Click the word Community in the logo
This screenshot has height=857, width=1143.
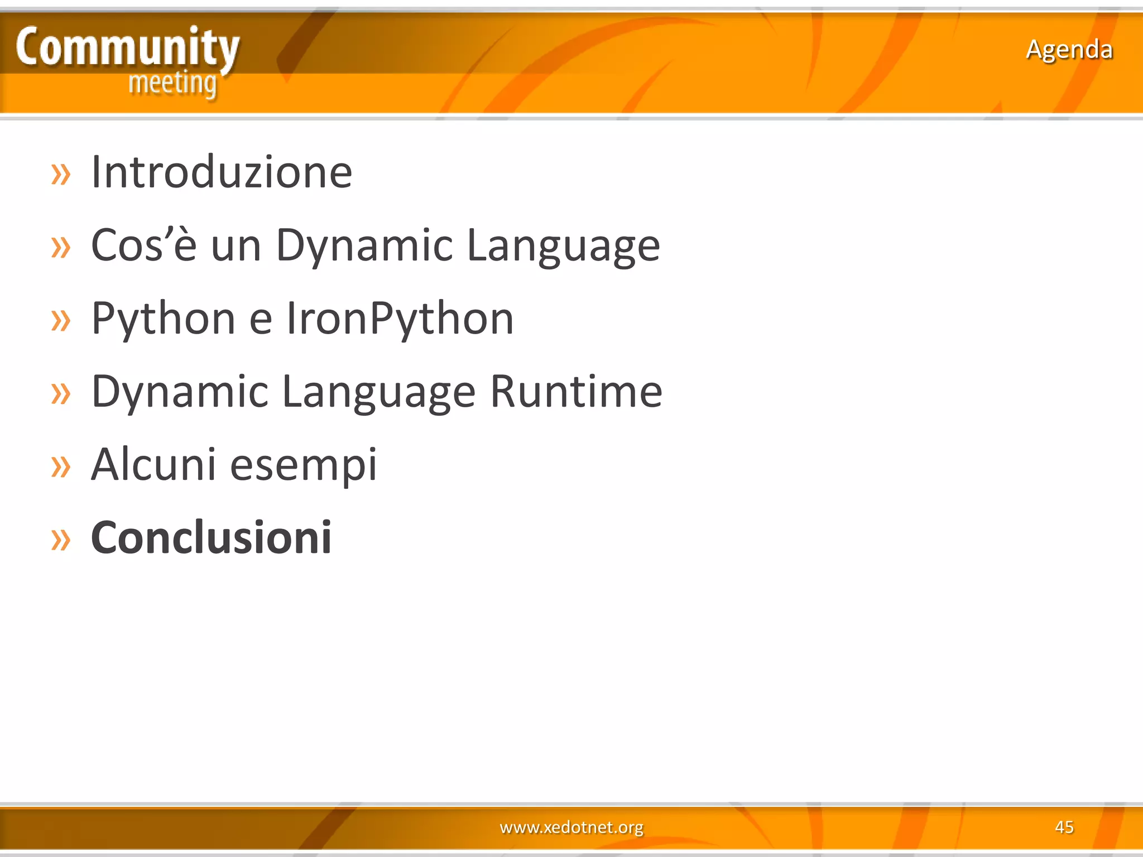[x=127, y=48]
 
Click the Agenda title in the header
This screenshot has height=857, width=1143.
[x=1069, y=50]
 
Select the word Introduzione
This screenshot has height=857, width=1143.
[x=222, y=172]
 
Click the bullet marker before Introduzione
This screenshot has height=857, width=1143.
[x=61, y=174]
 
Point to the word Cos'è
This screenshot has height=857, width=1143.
[x=143, y=245]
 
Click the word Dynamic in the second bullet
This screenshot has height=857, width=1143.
[x=364, y=245]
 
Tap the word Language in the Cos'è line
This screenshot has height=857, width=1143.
[x=563, y=245]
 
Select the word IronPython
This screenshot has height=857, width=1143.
[x=400, y=319]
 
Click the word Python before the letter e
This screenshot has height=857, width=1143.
[x=163, y=319]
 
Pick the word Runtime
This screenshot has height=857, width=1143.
[x=576, y=392]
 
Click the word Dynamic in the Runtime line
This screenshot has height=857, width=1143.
[x=180, y=392]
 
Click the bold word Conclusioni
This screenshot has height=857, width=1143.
[x=211, y=538]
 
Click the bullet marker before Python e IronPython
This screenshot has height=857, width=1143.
[x=61, y=321]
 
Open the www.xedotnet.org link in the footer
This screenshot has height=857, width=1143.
[x=571, y=827]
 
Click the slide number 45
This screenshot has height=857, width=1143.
[x=1064, y=827]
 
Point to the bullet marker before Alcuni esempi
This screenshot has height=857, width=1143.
[x=61, y=467]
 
